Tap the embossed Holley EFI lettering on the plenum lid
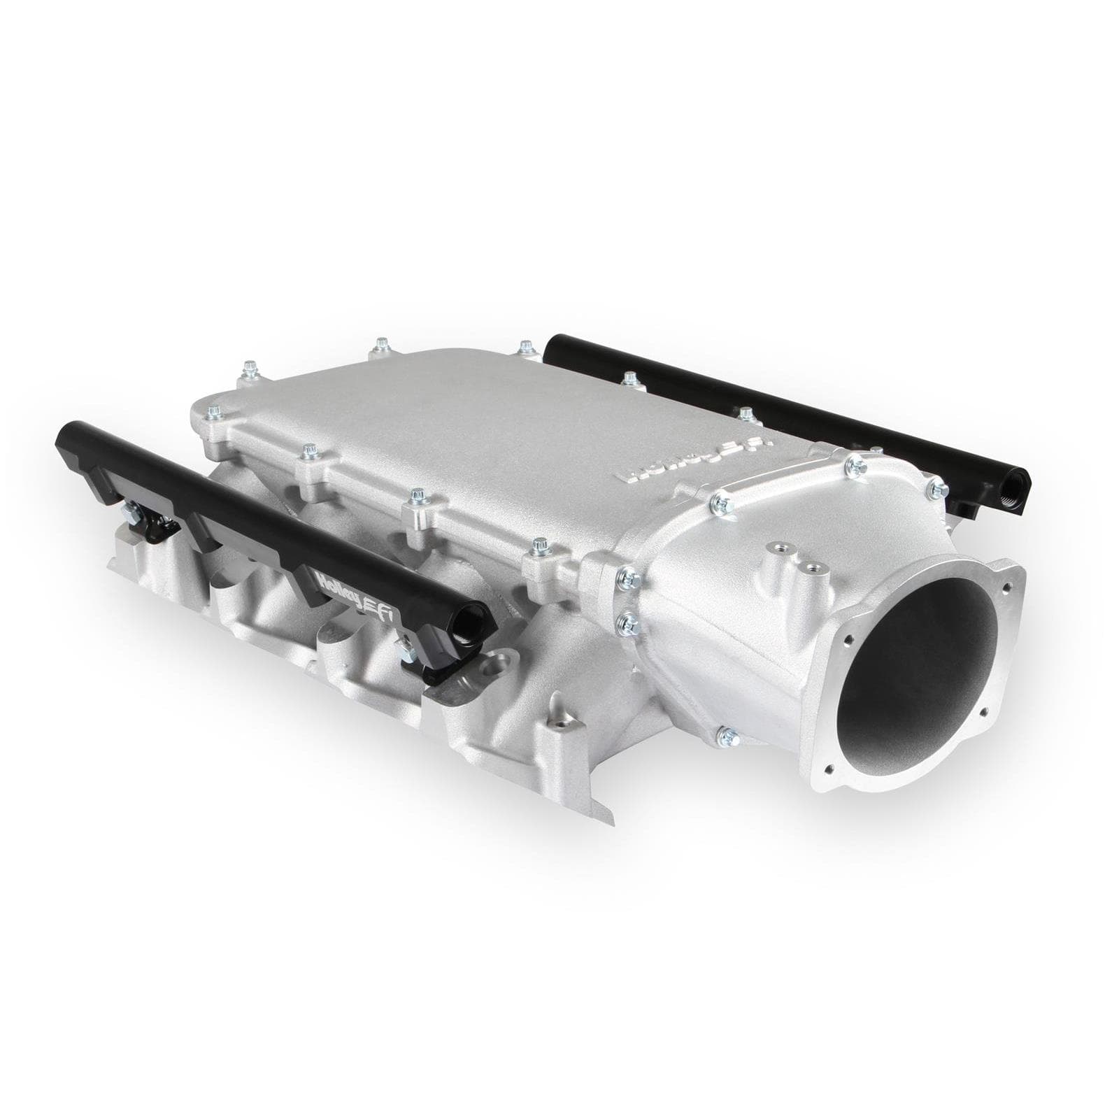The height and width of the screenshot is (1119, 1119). [696, 462]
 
